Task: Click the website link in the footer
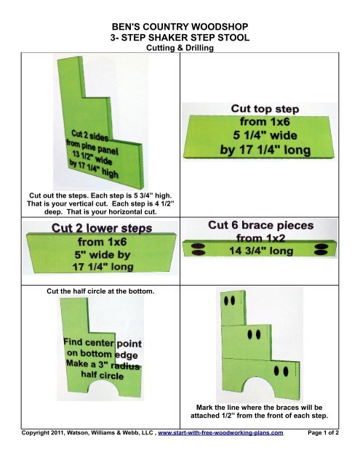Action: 230,451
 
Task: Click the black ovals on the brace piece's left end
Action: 197,251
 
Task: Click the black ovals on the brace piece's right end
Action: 320,251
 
